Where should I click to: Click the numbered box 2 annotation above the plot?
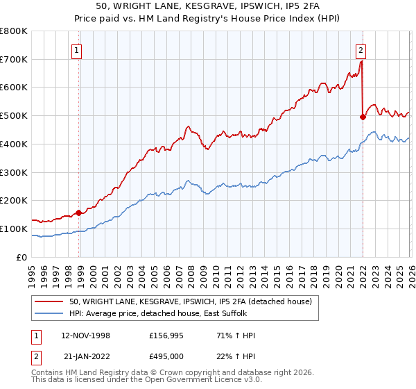361,49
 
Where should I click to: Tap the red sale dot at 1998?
78,213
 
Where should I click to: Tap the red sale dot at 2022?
363,117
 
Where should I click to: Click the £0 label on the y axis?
22,257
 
